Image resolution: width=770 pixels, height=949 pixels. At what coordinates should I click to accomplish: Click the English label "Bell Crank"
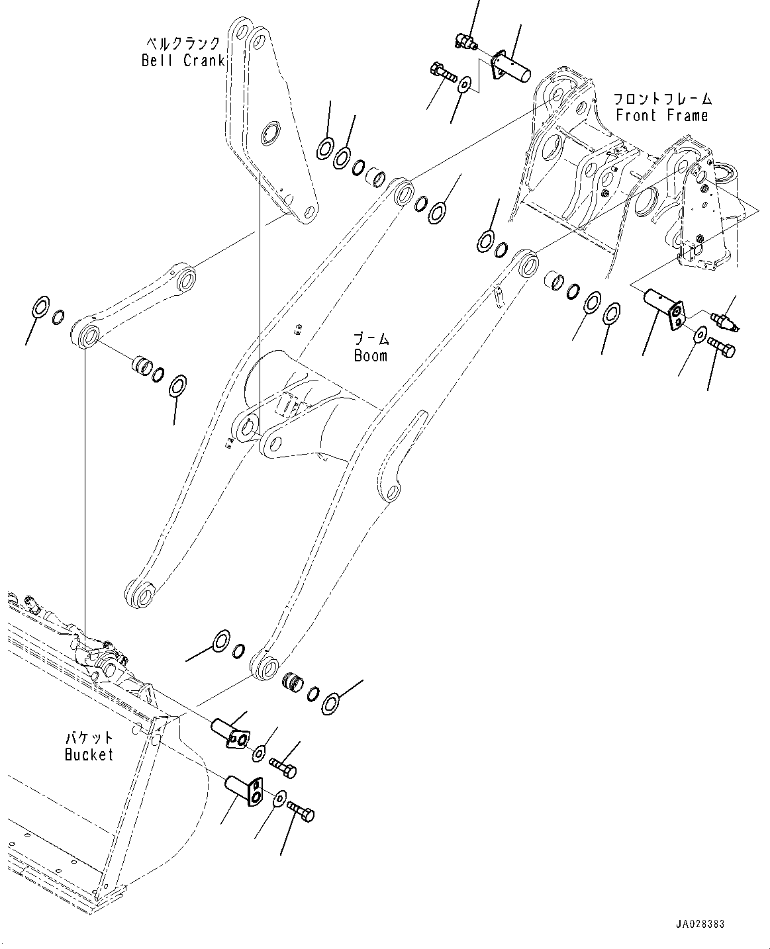(x=183, y=61)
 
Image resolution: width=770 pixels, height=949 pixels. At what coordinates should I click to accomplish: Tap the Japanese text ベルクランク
(x=183, y=44)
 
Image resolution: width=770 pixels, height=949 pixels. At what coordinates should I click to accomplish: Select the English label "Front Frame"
(x=661, y=116)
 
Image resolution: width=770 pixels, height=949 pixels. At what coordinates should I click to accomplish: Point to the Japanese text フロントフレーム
(x=661, y=99)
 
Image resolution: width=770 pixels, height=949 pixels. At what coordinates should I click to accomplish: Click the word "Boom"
(x=370, y=356)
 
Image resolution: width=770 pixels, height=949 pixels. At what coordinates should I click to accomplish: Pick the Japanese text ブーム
(x=371, y=339)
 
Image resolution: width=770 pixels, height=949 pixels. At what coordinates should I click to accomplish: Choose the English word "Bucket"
(x=89, y=754)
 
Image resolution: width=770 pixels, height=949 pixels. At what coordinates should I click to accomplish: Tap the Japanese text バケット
(x=89, y=738)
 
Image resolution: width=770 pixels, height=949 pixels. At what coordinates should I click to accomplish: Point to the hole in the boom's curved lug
(x=393, y=492)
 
